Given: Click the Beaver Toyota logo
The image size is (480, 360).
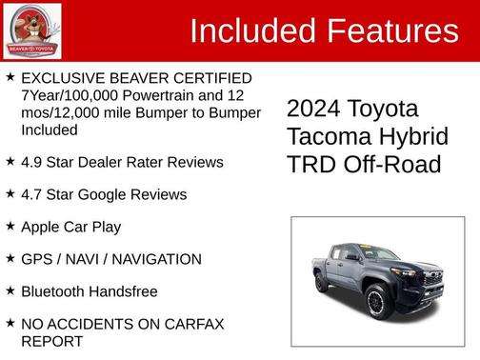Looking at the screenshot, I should click(x=32, y=30).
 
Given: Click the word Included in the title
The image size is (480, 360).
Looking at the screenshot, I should click(x=252, y=31).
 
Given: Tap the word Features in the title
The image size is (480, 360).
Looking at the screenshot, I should click(x=391, y=31).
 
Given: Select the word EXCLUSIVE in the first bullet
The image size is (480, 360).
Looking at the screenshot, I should click(x=64, y=77).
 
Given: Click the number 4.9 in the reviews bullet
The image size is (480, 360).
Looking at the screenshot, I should click(x=32, y=162).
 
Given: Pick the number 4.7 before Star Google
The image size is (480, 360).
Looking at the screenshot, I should click(x=32, y=194).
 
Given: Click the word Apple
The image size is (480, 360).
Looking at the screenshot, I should click(x=44, y=227).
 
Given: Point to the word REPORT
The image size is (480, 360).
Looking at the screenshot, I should click(x=52, y=340).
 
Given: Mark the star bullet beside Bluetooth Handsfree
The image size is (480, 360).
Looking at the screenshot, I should click(x=10, y=290).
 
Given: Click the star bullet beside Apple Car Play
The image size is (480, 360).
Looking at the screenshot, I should click(x=10, y=226).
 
